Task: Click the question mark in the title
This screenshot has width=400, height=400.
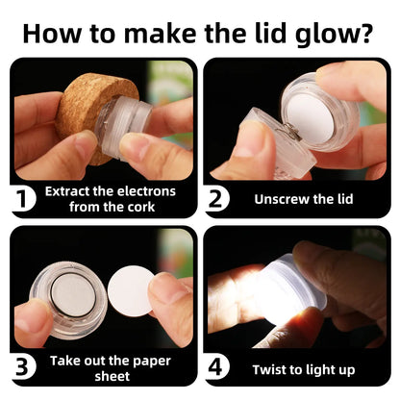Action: pos(365,33)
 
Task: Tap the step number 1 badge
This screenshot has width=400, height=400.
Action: pos(23,199)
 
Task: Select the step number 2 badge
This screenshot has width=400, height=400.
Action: pos(217,199)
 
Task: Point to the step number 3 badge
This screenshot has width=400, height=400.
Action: pos(23,367)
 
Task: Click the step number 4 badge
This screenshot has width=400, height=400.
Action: pos(217,367)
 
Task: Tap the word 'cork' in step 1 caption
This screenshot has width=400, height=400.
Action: pos(141,207)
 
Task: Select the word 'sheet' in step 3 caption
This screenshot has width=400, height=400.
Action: pos(112,376)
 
